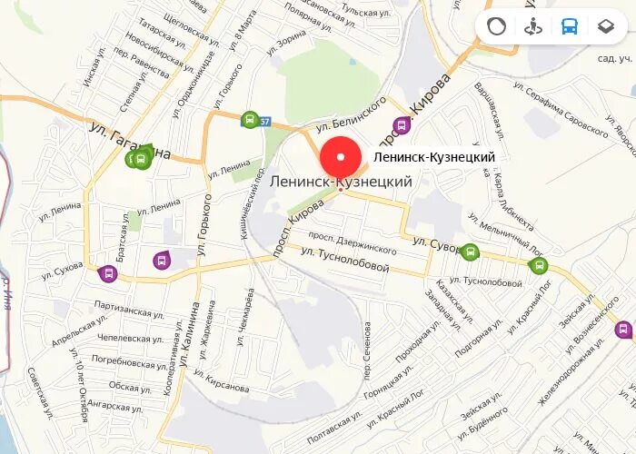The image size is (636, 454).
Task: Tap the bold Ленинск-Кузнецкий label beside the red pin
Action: [x=434, y=157]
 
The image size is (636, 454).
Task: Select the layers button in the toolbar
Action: [x=606, y=25]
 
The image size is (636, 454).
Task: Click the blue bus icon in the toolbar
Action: [x=570, y=25]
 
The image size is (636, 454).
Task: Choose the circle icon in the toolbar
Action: [x=496, y=25]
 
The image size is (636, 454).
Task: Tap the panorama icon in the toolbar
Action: [x=533, y=25]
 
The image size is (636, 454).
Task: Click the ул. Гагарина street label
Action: [x=130, y=142]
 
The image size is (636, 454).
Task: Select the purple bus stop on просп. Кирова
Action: [x=401, y=125]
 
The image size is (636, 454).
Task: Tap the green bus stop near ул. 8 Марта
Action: [x=249, y=119]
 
